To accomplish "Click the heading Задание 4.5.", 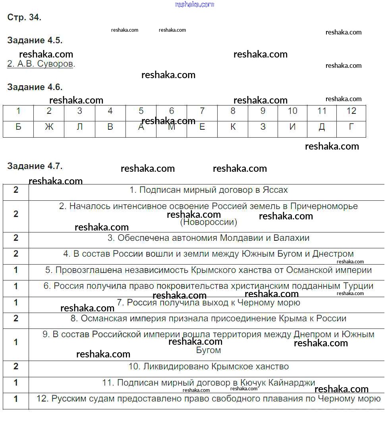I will pyautogui.click(x=35, y=40).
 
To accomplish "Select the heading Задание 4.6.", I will pyautogui.click(x=35, y=87).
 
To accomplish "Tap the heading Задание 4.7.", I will pyautogui.click(x=35, y=166).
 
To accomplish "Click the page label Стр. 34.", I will pyautogui.click(x=24, y=17).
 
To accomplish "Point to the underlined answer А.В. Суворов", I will pyautogui.click(x=40, y=64).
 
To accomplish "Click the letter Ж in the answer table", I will pyautogui.click(x=49, y=127).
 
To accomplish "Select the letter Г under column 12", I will pyautogui.click(x=351, y=127).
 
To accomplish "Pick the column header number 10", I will pyautogui.click(x=292, y=111).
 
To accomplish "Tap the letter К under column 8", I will pyautogui.click(x=233, y=127).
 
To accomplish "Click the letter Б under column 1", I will pyautogui.click(x=18, y=127).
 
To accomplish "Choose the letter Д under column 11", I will pyautogui.click(x=322, y=127).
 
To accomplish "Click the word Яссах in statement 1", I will pyautogui.click(x=275, y=190).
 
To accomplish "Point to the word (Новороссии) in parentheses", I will pyautogui.click(x=208, y=222).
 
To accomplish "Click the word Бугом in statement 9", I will pyautogui.click(x=208, y=350).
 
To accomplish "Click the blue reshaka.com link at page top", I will pyautogui.click(x=195, y=4).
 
